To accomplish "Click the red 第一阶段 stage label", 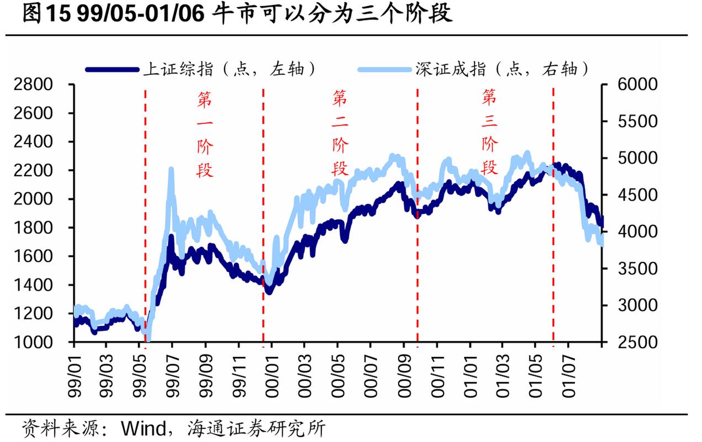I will click(x=205, y=134).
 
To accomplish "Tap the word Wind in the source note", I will click(x=143, y=428).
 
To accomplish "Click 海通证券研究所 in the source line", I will click(x=256, y=428).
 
